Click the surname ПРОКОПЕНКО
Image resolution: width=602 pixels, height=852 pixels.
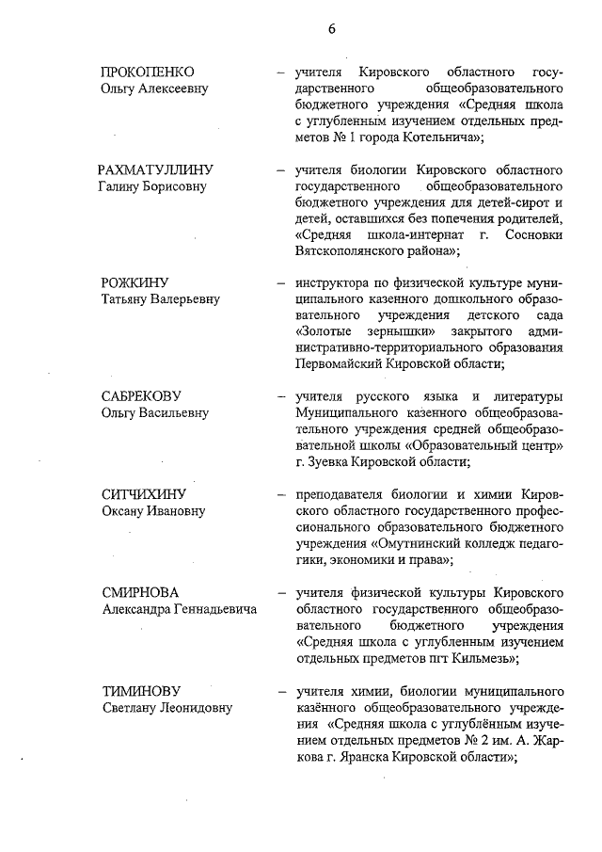pyautogui.click(x=148, y=72)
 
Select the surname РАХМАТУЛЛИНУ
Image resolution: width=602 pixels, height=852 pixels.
pyautogui.click(x=156, y=169)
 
